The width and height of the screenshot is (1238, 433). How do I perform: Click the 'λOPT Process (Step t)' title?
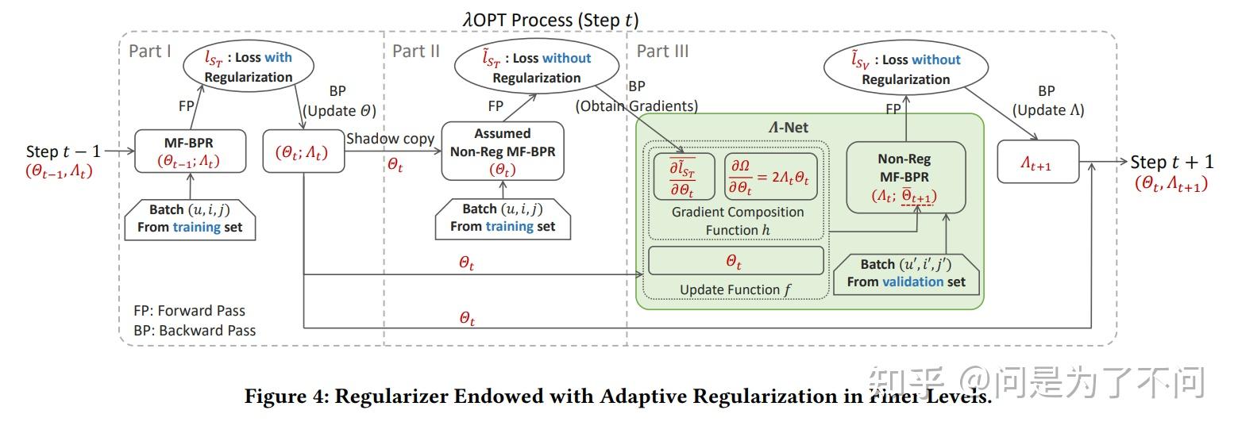tap(550, 20)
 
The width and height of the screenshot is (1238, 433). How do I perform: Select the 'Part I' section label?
tap(150, 52)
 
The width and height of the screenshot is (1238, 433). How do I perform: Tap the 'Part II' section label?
tap(415, 52)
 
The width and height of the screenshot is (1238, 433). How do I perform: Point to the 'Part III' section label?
tap(662, 52)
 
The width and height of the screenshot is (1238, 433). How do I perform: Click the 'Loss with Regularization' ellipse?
tap(249, 67)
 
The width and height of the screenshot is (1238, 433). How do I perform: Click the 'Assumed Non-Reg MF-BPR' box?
tap(502, 151)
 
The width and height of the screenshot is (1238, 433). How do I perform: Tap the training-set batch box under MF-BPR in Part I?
tap(190, 218)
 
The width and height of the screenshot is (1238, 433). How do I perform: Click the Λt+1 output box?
tap(1038, 163)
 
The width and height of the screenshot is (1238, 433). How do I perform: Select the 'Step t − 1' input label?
tap(64, 151)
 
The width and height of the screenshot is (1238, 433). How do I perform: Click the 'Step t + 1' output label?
tap(1171, 162)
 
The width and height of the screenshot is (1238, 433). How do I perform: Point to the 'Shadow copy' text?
tap(390, 139)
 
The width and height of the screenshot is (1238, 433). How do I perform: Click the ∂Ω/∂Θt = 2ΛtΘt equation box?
tap(769, 176)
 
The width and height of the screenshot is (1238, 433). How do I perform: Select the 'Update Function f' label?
tap(735, 289)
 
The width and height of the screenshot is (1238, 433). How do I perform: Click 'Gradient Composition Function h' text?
tap(738, 221)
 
